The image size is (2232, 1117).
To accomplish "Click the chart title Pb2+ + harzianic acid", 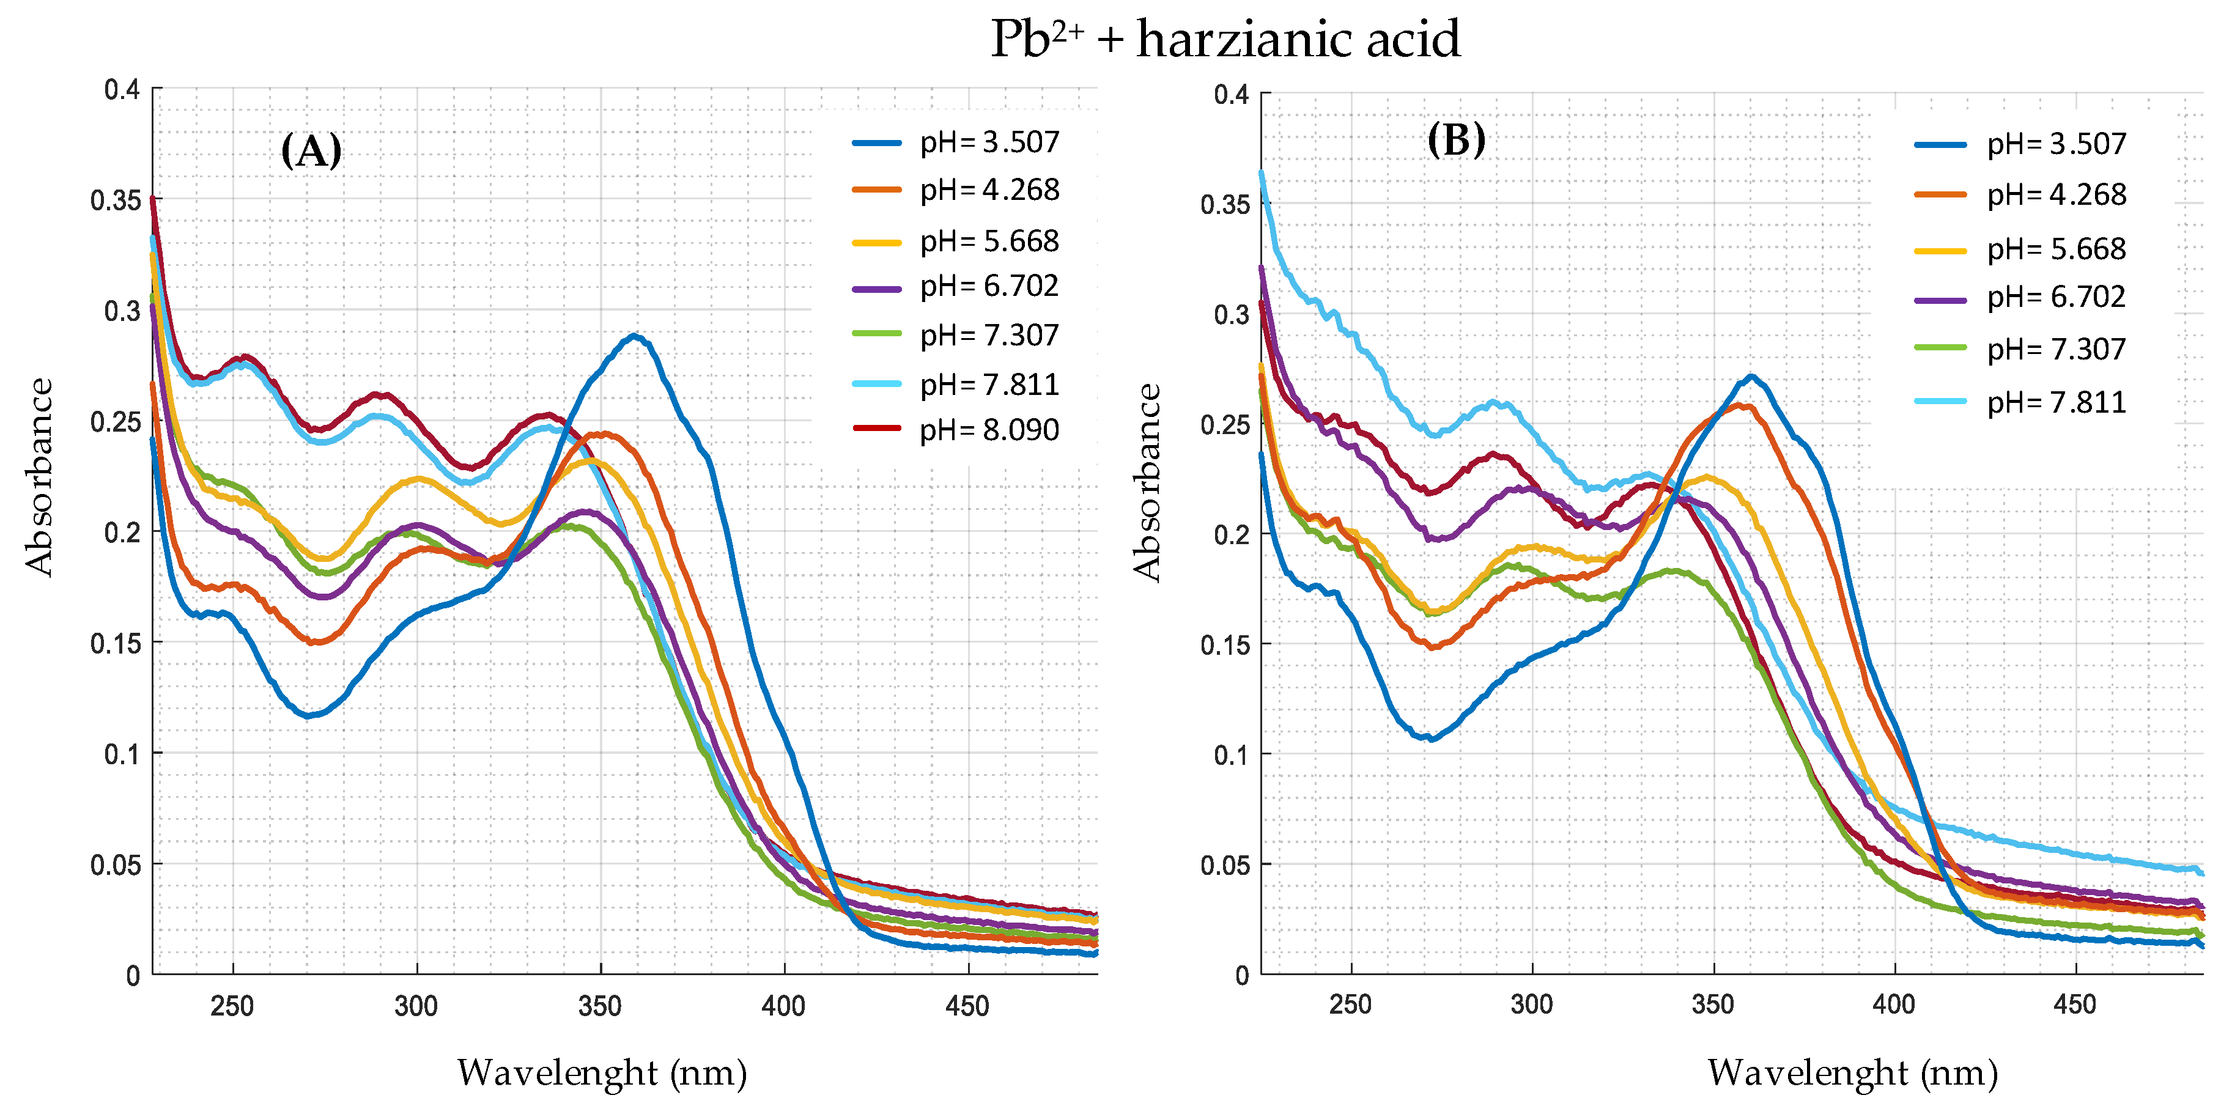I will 1225,40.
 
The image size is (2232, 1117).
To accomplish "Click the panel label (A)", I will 311,151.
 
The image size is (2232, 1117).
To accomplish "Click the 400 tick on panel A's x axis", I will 783,1006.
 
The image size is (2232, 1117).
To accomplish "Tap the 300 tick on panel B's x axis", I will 1531,1005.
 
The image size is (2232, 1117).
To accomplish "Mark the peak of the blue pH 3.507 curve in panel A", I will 635,336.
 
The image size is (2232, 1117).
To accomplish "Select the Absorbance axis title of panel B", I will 1147,482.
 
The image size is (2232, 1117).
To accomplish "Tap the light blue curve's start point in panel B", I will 1262,172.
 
